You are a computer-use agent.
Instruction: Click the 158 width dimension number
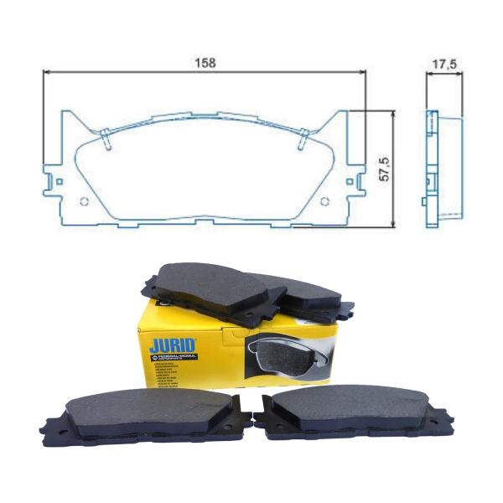[x=205, y=63]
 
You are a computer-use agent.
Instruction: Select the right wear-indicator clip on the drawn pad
[x=303, y=140]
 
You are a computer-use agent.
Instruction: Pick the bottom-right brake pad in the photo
[x=352, y=412]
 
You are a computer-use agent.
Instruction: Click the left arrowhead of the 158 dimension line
[x=46, y=72]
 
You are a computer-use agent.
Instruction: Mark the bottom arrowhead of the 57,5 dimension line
[x=391, y=222]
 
